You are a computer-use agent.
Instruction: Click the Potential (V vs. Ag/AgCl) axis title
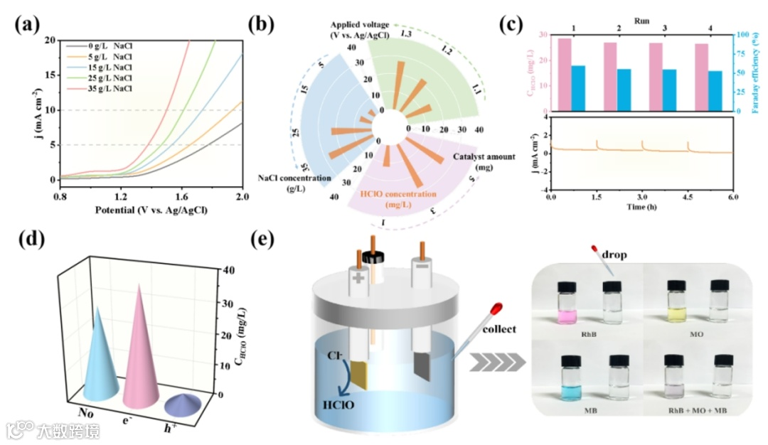(151, 210)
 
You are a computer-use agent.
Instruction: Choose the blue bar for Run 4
(715, 91)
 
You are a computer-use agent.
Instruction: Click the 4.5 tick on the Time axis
(688, 196)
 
